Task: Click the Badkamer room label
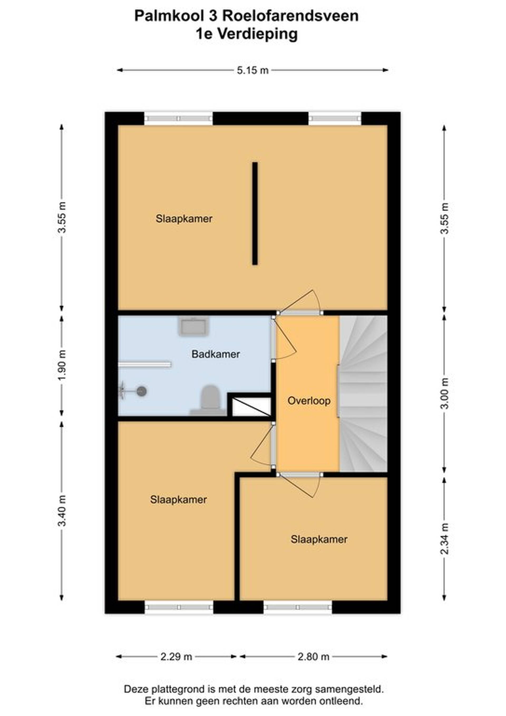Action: click(x=216, y=354)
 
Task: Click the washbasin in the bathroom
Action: click(x=193, y=326)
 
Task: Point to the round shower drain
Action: click(x=142, y=391)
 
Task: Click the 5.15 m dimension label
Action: click(x=253, y=70)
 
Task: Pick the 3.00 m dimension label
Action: click(x=445, y=393)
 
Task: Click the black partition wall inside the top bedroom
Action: click(x=255, y=214)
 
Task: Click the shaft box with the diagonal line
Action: click(x=251, y=407)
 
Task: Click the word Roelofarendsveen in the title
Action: click(x=290, y=16)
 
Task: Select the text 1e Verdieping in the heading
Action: click(x=246, y=34)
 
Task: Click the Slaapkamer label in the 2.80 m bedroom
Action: click(x=319, y=540)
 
